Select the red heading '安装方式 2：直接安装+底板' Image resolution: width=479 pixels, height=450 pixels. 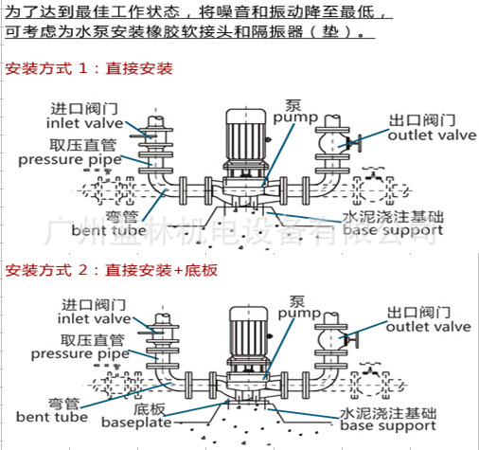(111, 270)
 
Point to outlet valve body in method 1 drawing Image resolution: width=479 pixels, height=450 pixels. (331, 144)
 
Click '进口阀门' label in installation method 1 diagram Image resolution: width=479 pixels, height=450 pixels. (75, 107)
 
